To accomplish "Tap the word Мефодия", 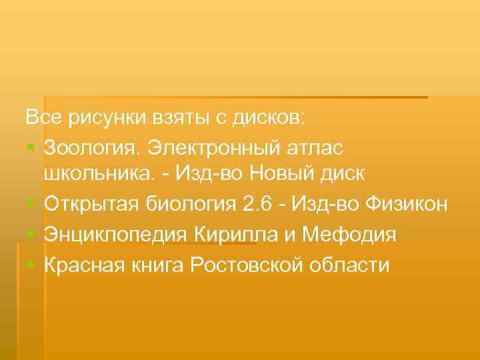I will pos(349,235).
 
